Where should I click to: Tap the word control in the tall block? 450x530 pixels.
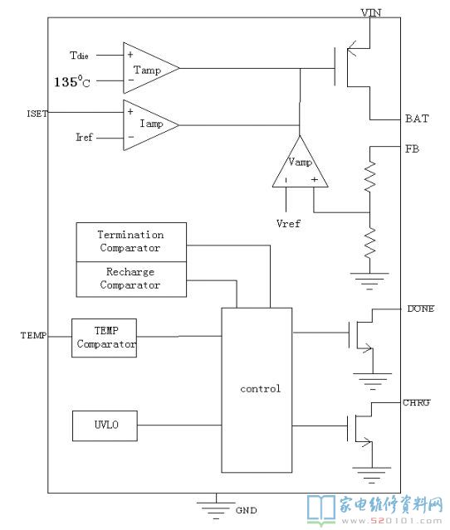[x=260, y=389]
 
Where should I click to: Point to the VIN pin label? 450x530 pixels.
[x=371, y=12]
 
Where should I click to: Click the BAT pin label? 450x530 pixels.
[x=417, y=119]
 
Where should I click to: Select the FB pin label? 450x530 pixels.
[x=412, y=148]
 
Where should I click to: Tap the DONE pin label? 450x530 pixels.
[x=421, y=309]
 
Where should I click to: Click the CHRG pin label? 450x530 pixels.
[x=417, y=402]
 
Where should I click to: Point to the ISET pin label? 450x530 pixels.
[x=37, y=114]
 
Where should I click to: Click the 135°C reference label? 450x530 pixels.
[x=72, y=81]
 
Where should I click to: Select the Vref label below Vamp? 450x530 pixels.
[x=288, y=223]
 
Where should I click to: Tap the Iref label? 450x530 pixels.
[x=84, y=137]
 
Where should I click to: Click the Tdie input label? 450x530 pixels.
[x=79, y=55]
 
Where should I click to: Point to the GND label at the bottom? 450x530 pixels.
[x=247, y=510]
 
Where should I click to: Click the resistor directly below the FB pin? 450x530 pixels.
[x=369, y=177]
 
